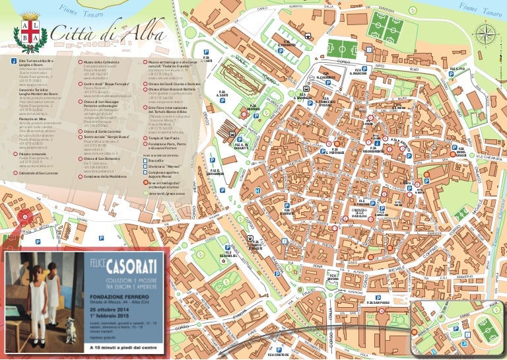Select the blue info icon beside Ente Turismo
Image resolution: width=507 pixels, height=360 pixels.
(x=15, y=61)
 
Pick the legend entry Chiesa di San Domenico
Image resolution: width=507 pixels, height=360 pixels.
(x=99, y=159)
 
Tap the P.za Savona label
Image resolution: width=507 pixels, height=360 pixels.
(x=332, y=277)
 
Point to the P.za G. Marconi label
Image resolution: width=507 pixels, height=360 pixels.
(x=358, y=71)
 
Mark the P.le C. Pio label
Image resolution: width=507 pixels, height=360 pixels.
(x=457, y=69)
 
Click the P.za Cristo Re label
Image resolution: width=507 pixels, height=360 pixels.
(x=278, y=355)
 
